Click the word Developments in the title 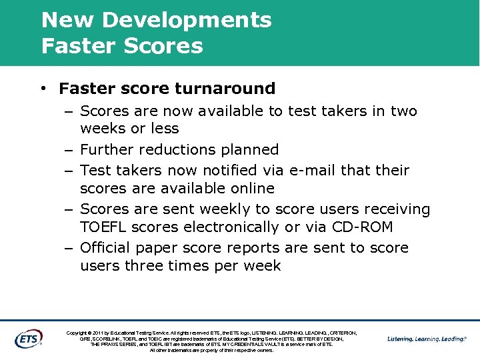coord(187,20)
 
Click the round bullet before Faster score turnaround coord(42,89)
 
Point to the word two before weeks coord(403,111)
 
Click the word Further coord(108,149)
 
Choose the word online coord(251,189)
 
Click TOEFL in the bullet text coord(104,227)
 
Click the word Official coord(107,248)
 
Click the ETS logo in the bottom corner coord(28,339)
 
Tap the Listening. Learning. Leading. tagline coord(427,339)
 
